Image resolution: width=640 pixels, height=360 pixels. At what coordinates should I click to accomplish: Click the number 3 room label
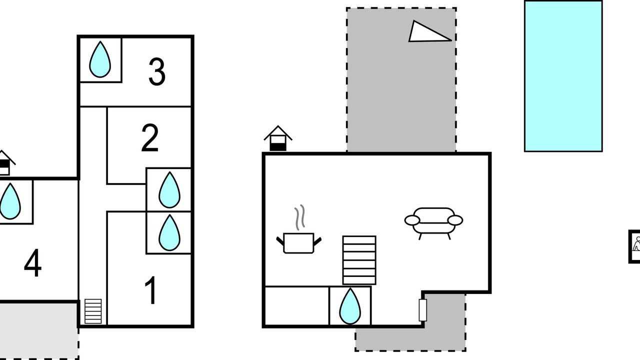[157, 71]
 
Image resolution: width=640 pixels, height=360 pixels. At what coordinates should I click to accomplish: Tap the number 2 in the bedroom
[150, 138]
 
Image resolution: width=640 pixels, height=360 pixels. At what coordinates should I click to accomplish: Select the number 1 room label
[150, 290]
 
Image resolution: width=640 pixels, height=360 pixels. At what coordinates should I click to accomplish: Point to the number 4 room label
[32, 263]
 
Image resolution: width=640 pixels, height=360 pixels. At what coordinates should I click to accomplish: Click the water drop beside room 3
[100, 59]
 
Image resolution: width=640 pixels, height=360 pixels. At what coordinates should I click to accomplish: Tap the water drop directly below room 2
[169, 189]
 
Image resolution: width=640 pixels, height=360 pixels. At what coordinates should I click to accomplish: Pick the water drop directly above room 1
[169, 232]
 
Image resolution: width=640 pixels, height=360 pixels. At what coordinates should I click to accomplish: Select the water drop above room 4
[10, 201]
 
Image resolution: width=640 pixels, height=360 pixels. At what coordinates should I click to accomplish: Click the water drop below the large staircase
[350, 306]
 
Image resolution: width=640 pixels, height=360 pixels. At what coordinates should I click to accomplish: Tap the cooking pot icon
[299, 243]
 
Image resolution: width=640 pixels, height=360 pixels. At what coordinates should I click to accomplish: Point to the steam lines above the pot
[299, 217]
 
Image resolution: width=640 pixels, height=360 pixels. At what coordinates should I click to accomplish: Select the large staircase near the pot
[359, 260]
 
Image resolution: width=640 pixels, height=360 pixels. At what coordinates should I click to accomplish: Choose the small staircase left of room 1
[93, 311]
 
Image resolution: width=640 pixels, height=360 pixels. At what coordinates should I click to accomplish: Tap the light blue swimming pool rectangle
[563, 76]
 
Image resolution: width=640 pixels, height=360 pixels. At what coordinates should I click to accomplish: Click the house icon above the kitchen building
[278, 138]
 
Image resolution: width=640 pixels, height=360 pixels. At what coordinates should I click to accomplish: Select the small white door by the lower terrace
[423, 310]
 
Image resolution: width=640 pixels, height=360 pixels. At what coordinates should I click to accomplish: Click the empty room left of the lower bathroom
[297, 305]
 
